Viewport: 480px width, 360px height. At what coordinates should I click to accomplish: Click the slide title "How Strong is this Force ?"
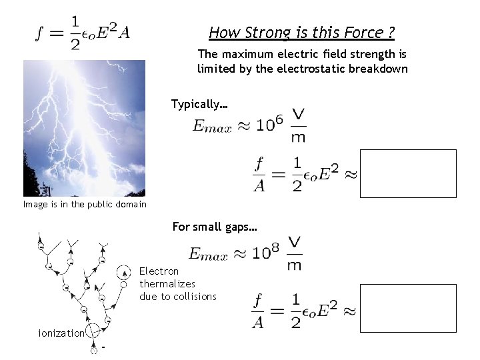point(301,33)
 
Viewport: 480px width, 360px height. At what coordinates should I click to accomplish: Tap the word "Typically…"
point(199,104)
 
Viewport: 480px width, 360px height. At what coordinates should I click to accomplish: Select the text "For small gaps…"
point(215,227)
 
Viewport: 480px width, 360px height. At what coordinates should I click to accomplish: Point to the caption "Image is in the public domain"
point(85,205)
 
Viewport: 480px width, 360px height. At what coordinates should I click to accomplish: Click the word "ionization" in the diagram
point(61,333)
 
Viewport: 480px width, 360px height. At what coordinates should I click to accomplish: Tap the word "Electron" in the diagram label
point(159,271)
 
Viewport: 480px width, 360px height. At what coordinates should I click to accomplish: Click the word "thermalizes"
point(167,284)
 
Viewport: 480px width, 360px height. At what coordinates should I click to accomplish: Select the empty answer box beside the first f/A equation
point(408,173)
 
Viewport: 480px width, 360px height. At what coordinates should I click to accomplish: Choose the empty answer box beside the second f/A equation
point(408,308)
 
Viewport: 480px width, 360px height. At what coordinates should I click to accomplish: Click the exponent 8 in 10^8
point(278,247)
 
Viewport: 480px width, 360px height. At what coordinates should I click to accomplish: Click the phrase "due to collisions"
point(178,297)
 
